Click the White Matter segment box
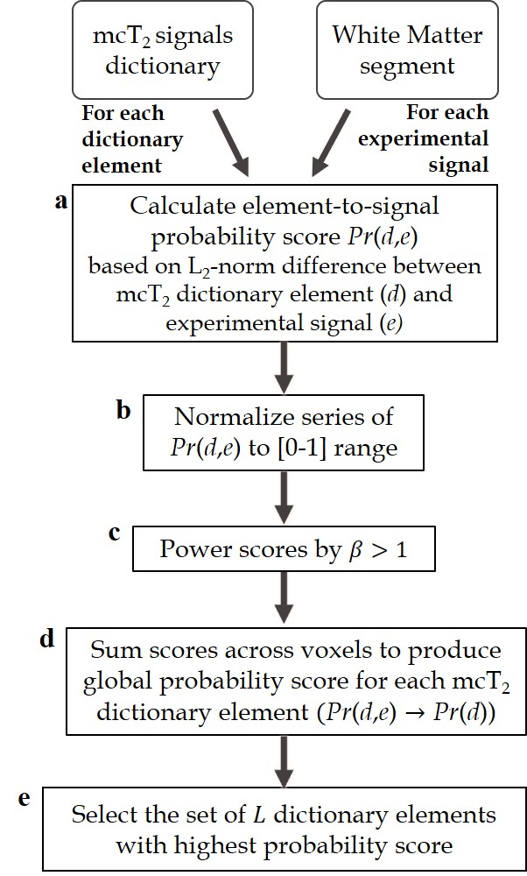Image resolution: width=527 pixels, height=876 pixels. pos(393,50)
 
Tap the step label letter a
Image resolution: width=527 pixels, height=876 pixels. pos(60,202)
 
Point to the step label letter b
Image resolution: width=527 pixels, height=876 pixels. pos(123,410)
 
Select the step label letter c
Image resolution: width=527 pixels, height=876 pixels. pos(114,532)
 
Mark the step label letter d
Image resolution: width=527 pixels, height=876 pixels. pos(48,639)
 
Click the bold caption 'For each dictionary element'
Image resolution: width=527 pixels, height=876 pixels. pos(133,138)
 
